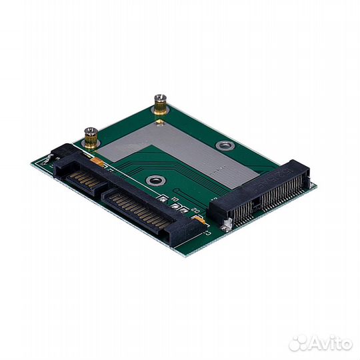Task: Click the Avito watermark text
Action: click(x=327, y=344)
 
